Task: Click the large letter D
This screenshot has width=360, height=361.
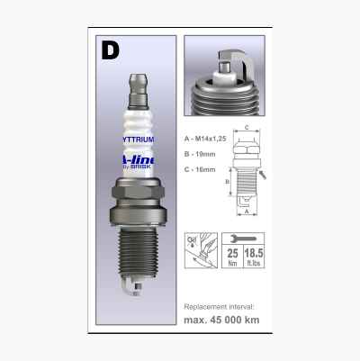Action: (x=110, y=50)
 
